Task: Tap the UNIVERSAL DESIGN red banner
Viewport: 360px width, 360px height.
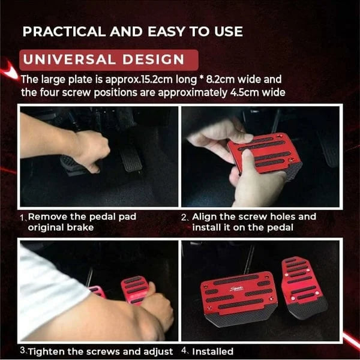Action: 109,59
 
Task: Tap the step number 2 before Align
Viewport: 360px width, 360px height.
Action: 185,217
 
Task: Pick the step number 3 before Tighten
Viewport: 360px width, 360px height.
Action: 22,351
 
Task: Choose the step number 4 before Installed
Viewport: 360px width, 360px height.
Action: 185,351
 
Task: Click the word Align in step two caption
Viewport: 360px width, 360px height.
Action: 205,217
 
